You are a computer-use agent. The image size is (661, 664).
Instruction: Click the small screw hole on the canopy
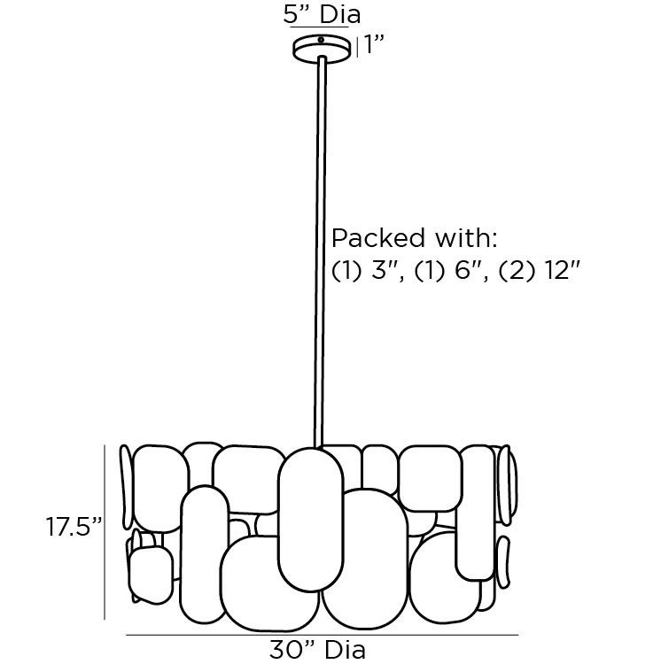[x=321, y=41]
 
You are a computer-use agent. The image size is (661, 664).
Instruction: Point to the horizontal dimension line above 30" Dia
[x=322, y=635]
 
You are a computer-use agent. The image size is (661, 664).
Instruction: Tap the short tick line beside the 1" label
[x=357, y=46]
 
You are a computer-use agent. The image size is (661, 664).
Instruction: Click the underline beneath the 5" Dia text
[x=321, y=28]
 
